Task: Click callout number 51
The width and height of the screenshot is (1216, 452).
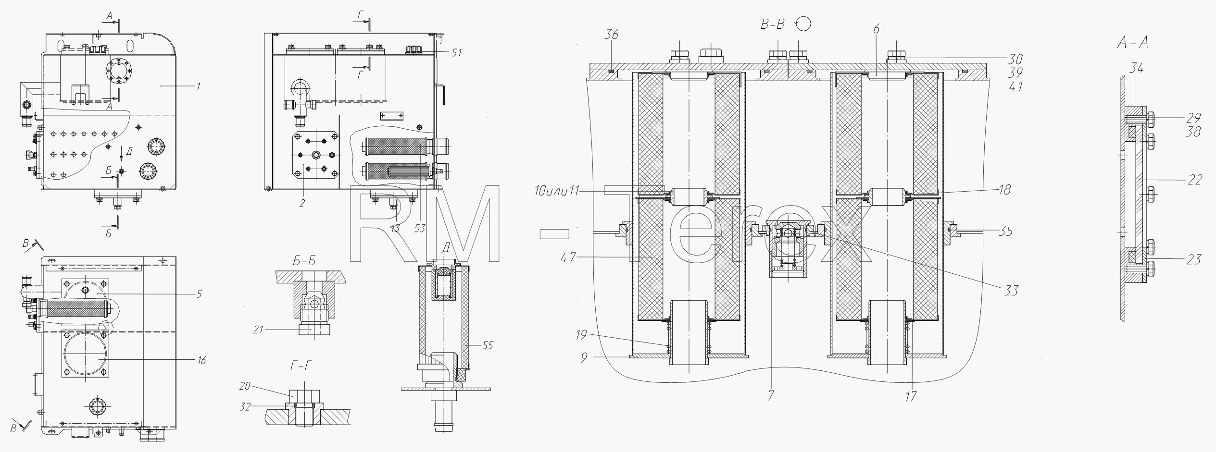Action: click(x=456, y=52)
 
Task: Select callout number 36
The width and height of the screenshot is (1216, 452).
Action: click(x=612, y=35)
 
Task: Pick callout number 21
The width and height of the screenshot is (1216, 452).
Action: click(x=259, y=330)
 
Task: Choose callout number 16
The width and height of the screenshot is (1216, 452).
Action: click(x=201, y=360)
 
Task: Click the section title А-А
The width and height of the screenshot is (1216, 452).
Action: click(x=1132, y=43)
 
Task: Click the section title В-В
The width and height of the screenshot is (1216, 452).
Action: click(x=773, y=24)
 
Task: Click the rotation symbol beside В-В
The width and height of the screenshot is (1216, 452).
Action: click(x=803, y=23)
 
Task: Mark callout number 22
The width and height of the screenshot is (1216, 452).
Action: click(x=1195, y=180)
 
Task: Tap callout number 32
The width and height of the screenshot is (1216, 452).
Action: click(x=245, y=406)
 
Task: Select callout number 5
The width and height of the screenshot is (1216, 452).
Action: click(x=199, y=293)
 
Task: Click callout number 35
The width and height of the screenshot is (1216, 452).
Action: click(x=1005, y=231)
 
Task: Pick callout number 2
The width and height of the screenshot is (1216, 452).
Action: click(x=302, y=204)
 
